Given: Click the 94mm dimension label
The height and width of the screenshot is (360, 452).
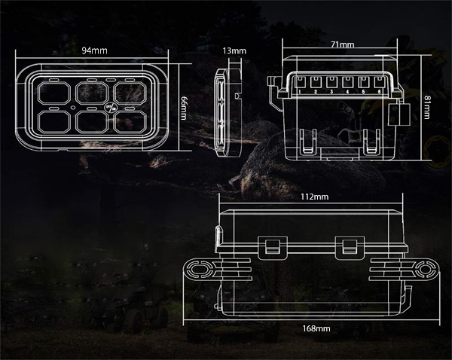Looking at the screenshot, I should click(93, 51).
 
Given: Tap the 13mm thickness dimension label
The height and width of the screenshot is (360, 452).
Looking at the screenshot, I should click(234, 51).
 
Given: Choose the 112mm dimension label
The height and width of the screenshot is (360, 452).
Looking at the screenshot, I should click(313, 197).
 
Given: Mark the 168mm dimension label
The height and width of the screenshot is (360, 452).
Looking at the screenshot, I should click(316, 329).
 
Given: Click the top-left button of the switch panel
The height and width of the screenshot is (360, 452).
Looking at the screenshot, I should click(52, 93).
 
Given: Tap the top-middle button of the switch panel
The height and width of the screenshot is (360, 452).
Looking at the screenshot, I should click(91, 93).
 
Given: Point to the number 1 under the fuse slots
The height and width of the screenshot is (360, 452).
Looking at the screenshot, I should click(299, 92).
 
